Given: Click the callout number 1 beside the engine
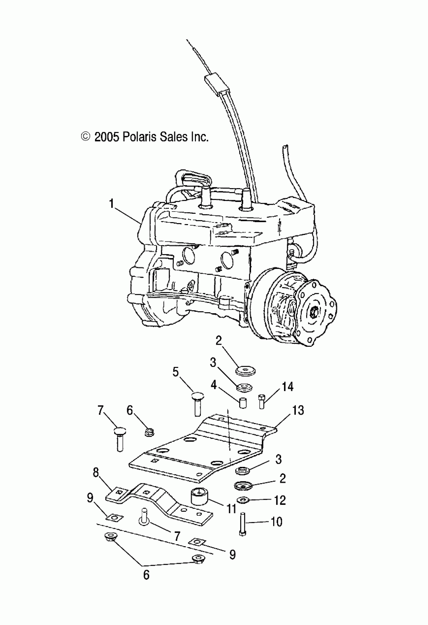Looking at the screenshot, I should point(111,204).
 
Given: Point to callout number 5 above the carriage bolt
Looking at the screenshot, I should point(175,372).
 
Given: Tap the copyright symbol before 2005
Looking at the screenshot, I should point(85,137).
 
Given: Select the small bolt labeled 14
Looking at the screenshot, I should point(262,401).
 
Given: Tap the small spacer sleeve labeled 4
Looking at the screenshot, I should point(243,403).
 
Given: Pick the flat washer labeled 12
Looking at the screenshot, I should point(243,500).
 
